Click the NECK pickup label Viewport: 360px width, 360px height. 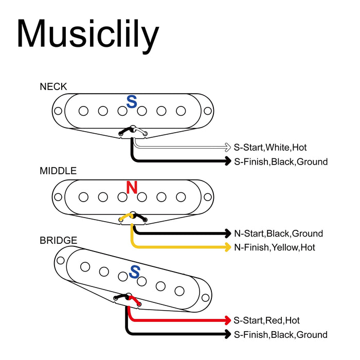(x=53, y=87)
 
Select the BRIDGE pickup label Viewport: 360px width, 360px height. (x=58, y=241)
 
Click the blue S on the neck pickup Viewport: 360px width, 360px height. (x=132, y=102)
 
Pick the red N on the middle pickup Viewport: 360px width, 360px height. (x=132, y=187)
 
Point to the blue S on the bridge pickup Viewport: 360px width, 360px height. (x=134, y=272)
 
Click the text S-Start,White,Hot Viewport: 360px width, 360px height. (x=270, y=148)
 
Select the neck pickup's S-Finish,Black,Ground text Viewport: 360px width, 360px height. (x=280, y=162)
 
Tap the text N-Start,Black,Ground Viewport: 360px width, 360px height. (x=278, y=233)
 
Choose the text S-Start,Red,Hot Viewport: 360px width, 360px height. (x=266, y=320)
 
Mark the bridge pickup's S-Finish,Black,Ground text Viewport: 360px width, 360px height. (x=280, y=335)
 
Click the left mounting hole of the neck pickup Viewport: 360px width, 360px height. (x=58, y=111)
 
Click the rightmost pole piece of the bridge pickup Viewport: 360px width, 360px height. (x=179, y=291)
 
